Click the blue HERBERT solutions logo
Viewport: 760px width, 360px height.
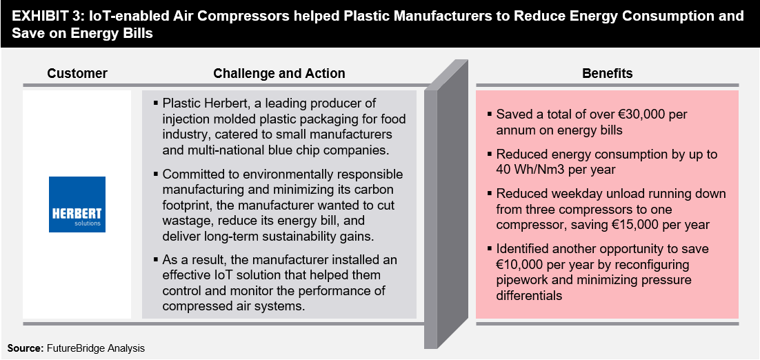coord(77,204)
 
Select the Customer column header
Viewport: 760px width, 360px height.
coord(77,74)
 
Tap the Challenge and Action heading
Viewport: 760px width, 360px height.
coord(279,74)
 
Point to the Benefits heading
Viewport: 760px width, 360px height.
coord(608,74)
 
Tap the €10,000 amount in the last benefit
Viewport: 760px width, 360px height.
coord(519,265)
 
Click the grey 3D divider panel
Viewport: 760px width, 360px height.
coord(446,203)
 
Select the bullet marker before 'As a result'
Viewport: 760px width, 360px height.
coord(156,260)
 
